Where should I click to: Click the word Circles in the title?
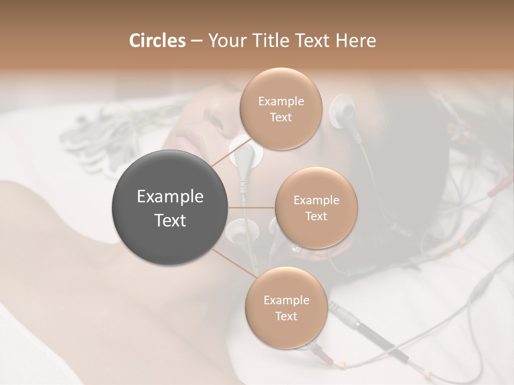[x=157, y=41]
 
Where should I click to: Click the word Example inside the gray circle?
[x=170, y=197]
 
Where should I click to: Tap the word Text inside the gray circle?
[x=170, y=220]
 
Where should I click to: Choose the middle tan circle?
[x=316, y=207]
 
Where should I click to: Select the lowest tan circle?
[x=286, y=307]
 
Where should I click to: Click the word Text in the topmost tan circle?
[x=281, y=117]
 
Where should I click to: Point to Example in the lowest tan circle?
[x=286, y=300]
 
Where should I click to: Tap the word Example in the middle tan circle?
[x=316, y=200]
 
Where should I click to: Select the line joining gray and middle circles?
[x=252, y=207]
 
